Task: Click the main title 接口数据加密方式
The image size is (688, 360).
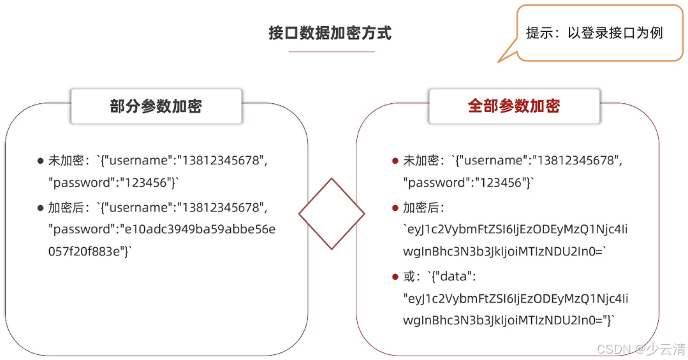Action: click(x=330, y=33)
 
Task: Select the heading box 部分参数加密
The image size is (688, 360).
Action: click(x=156, y=106)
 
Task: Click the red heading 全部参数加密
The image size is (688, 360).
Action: click(x=514, y=106)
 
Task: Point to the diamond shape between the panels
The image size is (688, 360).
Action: click(x=332, y=214)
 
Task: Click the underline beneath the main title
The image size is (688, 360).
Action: click(x=332, y=52)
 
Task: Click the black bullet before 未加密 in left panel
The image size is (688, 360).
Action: click(x=40, y=161)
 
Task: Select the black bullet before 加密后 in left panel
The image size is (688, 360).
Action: click(x=40, y=208)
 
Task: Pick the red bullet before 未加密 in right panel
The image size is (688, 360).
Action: click(x=395, y=161)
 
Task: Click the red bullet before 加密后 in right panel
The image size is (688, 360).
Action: click(x=395, y=208)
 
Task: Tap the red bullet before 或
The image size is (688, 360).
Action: click(x=395, y=277)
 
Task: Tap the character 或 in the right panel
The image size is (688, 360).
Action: click(x=410, y=277)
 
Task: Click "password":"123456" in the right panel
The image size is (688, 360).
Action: click(x=467, y=183)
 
